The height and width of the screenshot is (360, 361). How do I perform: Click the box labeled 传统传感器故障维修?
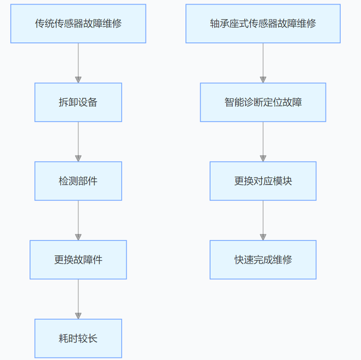pyautogui.click(x=78, y=23)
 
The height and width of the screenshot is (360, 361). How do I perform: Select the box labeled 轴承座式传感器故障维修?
pyautogui.click(x=263, y=23)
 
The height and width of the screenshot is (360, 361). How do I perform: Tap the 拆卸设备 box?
pyautogui.click(x=78, y=102)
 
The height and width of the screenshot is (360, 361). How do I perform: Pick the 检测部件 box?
pyautogui.click(x=78, y=181)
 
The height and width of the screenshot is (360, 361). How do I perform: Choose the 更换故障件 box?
pyautogui.click(x=78, y=259)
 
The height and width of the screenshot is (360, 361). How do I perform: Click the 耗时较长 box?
pyautogui.click(x=78, y=338)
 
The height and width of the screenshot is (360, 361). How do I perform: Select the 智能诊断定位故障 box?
pyautogui.click(x=263, y=102)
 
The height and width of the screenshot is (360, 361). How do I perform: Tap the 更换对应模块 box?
pyautogui.click(x=263, y=181)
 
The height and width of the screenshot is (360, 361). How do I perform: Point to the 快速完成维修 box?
pyautogui.click(x=263, y=259)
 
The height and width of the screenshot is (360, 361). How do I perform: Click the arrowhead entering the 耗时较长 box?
pyautogui.click(x=78, y=316)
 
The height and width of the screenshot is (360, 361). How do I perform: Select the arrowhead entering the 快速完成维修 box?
pyautogui.click(x=263, y=237)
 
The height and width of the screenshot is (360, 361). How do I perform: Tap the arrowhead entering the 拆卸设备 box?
pyautogui.click(x=78, y=80)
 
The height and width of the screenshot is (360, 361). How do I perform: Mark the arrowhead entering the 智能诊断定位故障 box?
pyautogui.click(x=263, y=80)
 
